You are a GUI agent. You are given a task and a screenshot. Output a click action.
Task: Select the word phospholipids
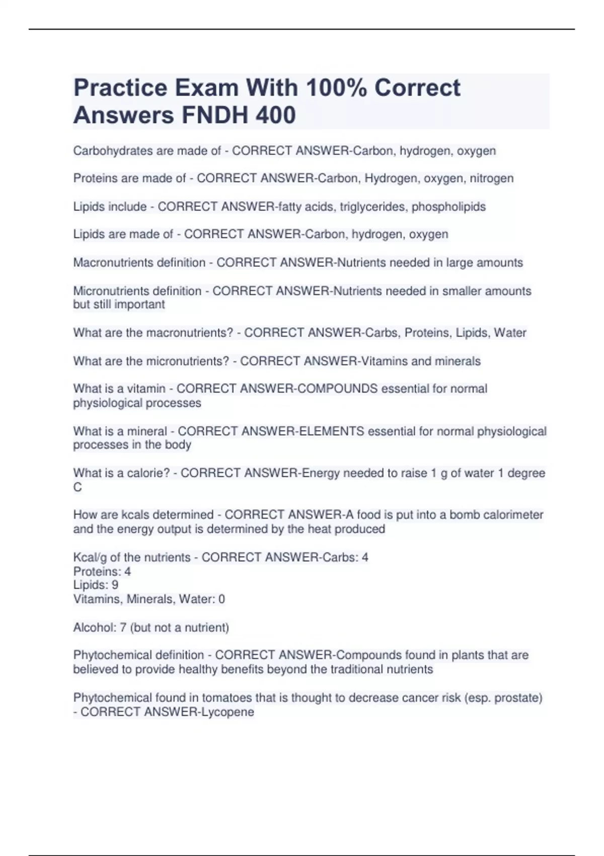[x=448, y=206]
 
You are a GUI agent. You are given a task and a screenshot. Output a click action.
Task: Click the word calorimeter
[x=513, y=515]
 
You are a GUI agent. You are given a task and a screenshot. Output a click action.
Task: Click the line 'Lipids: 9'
[x=96, y=585]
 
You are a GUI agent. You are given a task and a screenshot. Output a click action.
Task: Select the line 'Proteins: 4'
[x=102, y=572]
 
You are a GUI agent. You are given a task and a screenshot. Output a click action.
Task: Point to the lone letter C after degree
[x=78, y=487]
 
